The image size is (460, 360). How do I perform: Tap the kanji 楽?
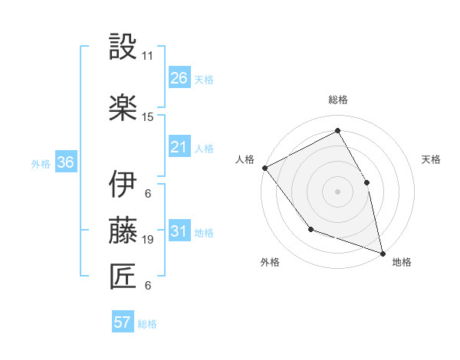pyautogui.click(x=123, y=107)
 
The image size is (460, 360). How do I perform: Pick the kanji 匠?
pyautogui.click(x=123, y=277)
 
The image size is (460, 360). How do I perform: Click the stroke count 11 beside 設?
pyautogui.click(x=148, y=56)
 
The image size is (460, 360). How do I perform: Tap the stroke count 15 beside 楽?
pyautogui.click(x=148, y=116)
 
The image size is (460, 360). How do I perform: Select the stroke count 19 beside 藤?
pyautogui.click(x=148, y=240)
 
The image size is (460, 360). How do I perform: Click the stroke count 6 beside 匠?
pyautogui.click(x=148, y=286)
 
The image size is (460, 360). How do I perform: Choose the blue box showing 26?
pyautogui.click(x=179, y=78)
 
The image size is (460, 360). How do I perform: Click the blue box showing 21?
pyautogui.click(x=179, y=147)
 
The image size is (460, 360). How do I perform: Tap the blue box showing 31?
pyautogui.click(x=179, y=231)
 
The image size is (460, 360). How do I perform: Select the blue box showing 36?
pyautogui.click(x=66, y=162)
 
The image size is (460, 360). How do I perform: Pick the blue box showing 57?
pyautogui.click(x=123, y=322)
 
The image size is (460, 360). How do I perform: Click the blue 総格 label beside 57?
pyautogui.click(x=148, y=324)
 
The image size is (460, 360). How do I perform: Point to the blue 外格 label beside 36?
pyautogui.click(x=41, y=163)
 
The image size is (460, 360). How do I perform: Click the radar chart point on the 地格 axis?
pyautogui.click(x=382, y=252)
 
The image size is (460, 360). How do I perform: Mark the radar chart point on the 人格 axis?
pyautogui.click(x=264, y=168)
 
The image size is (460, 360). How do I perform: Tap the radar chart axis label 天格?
pyautogui.click(x=432, y=159)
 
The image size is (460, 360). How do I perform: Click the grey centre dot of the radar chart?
pyautogui.click(x=337, y=191)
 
